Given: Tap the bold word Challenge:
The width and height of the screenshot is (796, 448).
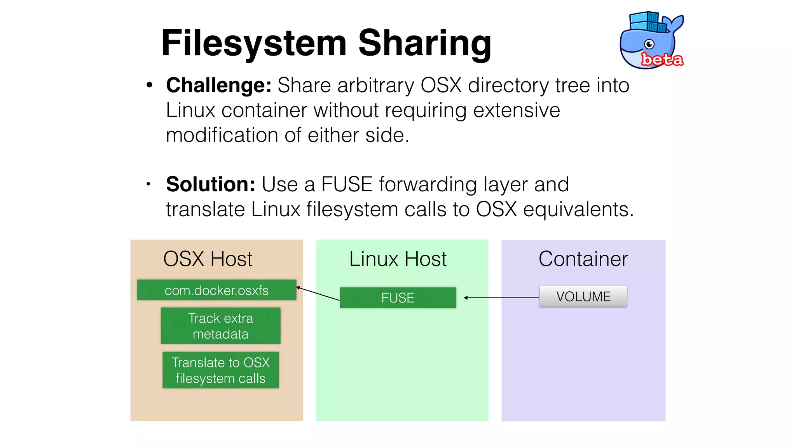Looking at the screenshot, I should pos(219,85).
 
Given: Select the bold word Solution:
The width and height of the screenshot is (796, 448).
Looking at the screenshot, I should pos(211,184).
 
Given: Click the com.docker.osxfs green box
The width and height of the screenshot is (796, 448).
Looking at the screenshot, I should pos(216,290).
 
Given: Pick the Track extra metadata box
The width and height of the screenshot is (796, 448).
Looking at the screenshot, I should pos(220,326).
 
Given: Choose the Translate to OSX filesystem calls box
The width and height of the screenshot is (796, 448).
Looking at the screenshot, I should pos(220,370).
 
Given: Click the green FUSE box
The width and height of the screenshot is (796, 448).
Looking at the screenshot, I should pos(398,298).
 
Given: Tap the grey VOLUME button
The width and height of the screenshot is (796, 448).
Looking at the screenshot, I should pos(583,296).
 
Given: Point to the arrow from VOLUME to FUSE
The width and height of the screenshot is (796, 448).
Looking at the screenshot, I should pos(501,298).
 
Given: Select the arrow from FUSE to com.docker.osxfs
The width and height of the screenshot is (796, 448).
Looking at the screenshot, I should pos(318,294).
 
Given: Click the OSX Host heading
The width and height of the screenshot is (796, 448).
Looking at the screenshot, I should pos(208,259).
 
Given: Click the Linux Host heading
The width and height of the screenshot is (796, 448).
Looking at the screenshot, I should pos(398,259).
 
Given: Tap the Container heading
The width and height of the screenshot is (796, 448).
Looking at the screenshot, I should pos(583,259).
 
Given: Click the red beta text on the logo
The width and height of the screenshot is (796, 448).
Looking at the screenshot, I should pos(662,59).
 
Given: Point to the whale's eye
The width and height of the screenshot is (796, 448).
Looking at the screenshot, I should pos(649,44).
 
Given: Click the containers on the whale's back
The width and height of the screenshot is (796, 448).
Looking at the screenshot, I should pos(648,22).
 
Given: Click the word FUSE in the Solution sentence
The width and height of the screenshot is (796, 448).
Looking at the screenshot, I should pos(347,184).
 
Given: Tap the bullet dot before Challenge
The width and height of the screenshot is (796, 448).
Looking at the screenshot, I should pos(149,85).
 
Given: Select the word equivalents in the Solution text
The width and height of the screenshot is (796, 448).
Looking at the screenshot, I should pos(578,209).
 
